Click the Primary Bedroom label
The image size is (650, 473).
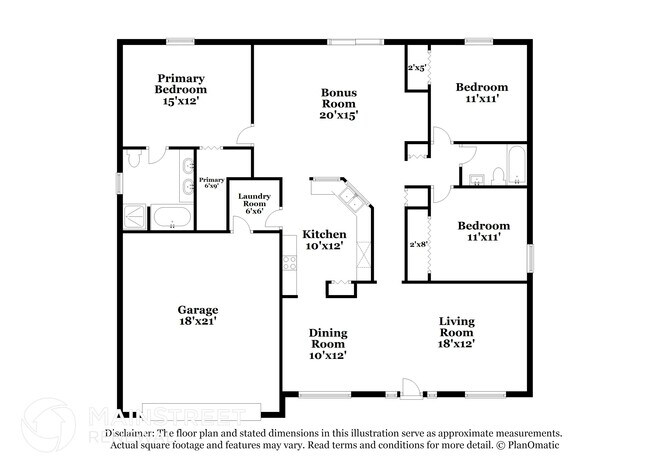[x=180, y=90]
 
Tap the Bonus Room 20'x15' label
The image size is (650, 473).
[x=339, y=104]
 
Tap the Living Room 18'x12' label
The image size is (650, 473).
[x=456, y=332]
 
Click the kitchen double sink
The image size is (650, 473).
[x=349, y=196]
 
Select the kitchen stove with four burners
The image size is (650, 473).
[x=290, y=264]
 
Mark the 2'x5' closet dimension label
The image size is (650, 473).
[x=417, y=69]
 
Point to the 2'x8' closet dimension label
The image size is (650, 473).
[x=417, y=244]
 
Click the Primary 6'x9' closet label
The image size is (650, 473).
[x=211, y=183]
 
